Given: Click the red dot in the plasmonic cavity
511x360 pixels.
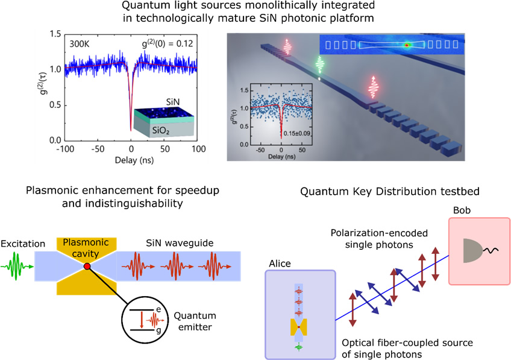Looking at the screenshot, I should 88,266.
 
